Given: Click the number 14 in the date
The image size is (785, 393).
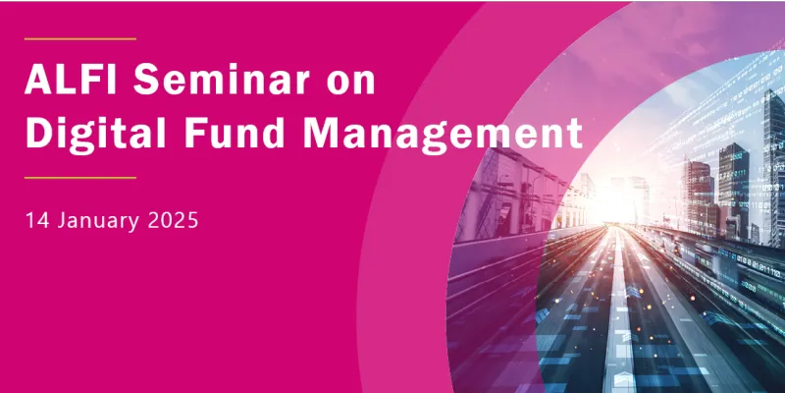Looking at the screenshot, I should (x=37, y=219).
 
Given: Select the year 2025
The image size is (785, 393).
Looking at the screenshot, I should (x=174, y=219).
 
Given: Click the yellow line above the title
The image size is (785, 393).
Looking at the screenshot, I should (x=79, y=39).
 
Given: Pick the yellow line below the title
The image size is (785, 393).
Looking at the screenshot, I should (x=79, y=178).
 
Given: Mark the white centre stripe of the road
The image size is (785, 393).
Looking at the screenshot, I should (x=621, y=324).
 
